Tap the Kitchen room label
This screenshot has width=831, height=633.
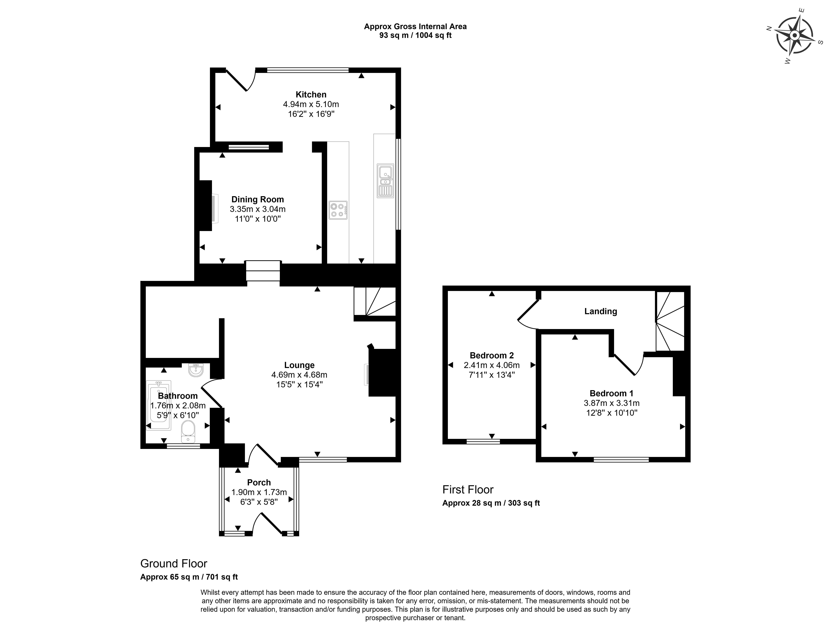(x=311, y=95)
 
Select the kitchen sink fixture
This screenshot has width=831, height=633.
(x=385, y=181)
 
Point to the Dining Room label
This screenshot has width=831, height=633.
(x=258, y=199)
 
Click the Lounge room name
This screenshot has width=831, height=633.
(x=299, y=365)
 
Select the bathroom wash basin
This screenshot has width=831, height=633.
(x=196, y=370)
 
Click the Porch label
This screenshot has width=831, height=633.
(x=259, y=483)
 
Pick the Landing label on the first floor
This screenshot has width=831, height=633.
(x=601, y=311)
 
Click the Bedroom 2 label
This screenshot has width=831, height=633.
(x=492, y=355)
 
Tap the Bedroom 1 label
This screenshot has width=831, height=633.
(x=611, y=393)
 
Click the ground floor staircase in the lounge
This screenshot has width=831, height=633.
(x=375, y=301)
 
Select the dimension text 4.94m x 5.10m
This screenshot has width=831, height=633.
(x=311, y=104)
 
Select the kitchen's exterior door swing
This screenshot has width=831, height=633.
(x=241, y=80)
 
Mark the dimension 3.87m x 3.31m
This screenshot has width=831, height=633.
(x=611, y=403)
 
